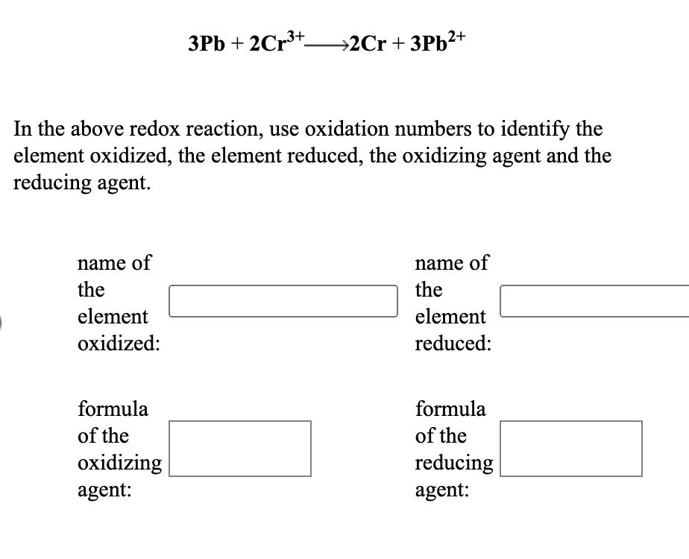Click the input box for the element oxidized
(283, 301)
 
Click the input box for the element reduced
(594, 301)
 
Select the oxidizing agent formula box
(240, 448)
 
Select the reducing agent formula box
(571, 448)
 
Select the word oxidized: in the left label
(119, 344)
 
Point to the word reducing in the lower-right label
(454, 464)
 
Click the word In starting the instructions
(22, 129)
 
